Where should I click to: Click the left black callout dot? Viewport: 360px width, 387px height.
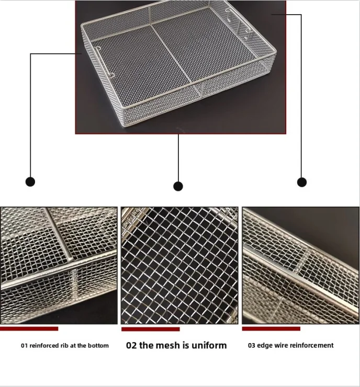[30, 181]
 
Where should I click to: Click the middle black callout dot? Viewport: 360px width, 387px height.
[178, 186]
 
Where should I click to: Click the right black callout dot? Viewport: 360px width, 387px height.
[302, 182]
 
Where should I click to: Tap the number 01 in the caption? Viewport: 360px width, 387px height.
[25, 346]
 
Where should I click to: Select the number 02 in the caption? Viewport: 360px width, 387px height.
[131, 345]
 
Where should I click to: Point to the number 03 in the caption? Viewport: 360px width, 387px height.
[252, 346]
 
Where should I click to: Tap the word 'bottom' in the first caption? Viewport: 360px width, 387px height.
[98, 346]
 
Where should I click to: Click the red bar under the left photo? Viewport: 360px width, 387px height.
[29, 328]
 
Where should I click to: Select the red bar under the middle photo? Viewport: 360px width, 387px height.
[151, 329]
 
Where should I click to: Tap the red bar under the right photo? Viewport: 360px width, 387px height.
[271, 328]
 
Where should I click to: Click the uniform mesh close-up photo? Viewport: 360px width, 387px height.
[179, 265]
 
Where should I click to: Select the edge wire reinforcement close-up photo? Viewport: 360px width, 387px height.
[300, 265]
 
